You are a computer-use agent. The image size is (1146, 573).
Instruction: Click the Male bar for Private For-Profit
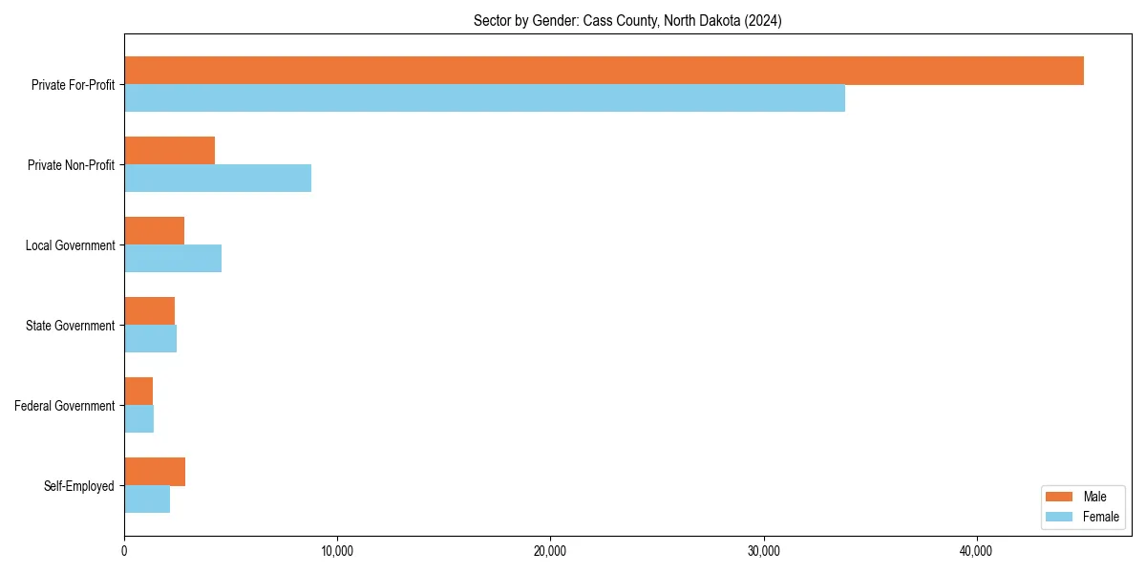[x=604, y=71]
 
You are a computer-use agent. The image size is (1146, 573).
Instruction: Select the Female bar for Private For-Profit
[x=484, y=98]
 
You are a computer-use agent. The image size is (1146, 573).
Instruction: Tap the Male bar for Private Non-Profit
[x=169, y=151]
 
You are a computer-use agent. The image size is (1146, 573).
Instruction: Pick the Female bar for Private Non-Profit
[x=218, y=179]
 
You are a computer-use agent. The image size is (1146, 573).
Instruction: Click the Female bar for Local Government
[x=173, y=259]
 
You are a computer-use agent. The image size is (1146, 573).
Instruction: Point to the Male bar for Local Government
[x=154, y=231]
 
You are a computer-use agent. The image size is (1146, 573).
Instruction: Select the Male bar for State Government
[x=149, y=311]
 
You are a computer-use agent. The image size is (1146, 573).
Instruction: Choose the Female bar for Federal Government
[x=138, y=419]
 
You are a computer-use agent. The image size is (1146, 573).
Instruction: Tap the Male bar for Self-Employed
[x=155, y=472]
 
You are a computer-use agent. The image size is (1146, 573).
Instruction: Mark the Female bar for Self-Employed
[x=147, y=499]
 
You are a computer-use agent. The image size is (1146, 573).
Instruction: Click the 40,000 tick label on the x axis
[x=976, y=551]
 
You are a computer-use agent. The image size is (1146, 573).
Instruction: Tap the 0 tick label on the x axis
[x=124, y=551]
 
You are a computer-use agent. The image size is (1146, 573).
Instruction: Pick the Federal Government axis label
[x=65, y=406]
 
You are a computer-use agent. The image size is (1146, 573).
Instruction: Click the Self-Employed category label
[x=79, y=486]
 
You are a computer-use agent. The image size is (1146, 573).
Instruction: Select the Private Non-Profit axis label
[x=71, y=165]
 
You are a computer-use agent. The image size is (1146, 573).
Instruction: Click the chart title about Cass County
[x=627, y=21]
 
